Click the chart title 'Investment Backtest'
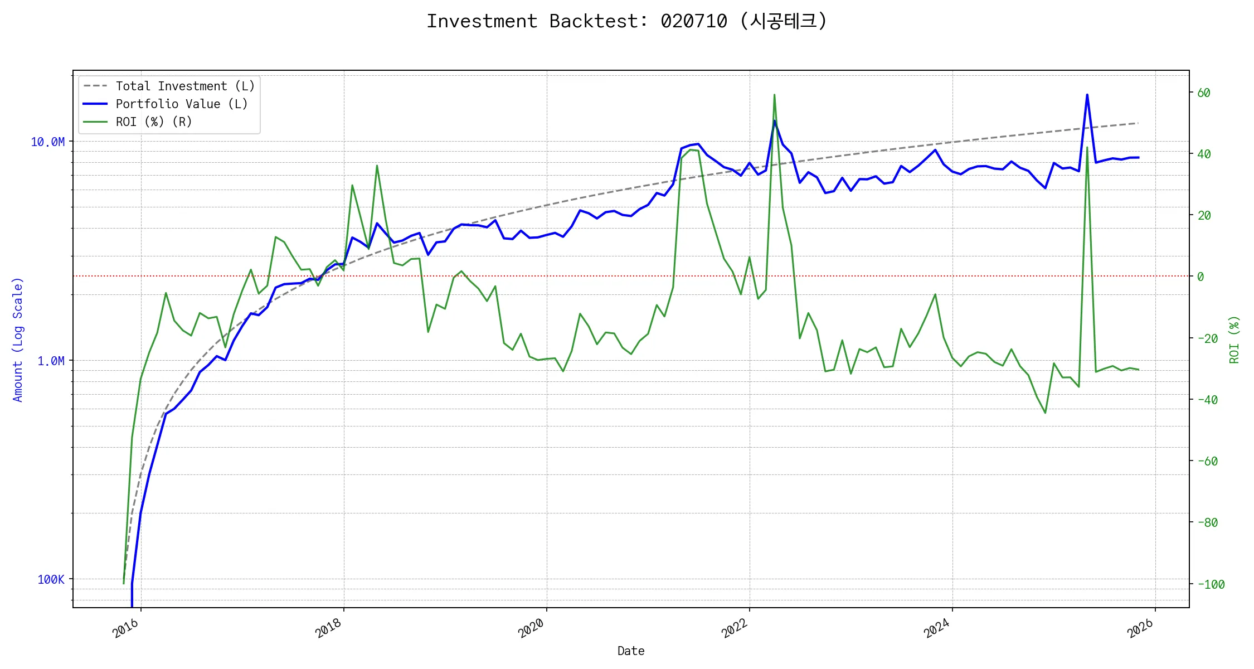(x=626, y=21)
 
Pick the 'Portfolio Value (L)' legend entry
(x=182, y=104)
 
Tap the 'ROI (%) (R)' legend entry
(x=154, y=122)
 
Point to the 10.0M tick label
(x=48, y=142)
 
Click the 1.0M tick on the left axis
(x=51, y=361)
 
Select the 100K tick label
(x=51, y=580)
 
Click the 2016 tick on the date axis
(x=126, y=629)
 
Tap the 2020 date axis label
(x=531, y=629)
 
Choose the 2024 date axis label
(x=937, y=629)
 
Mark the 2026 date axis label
(x=1140, y=629)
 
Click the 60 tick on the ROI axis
(x=1204, y=93)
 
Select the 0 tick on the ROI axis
(x=1200, y=277)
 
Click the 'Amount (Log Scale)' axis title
(x=18, y=340)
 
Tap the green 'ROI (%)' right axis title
(x=1234, y=340)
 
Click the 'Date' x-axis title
(x=631, y=651)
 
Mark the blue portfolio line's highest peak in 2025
(x=1087, y=95)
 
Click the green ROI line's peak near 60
(x=774, y=95)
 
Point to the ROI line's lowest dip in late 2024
(x=1045, y=413)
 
